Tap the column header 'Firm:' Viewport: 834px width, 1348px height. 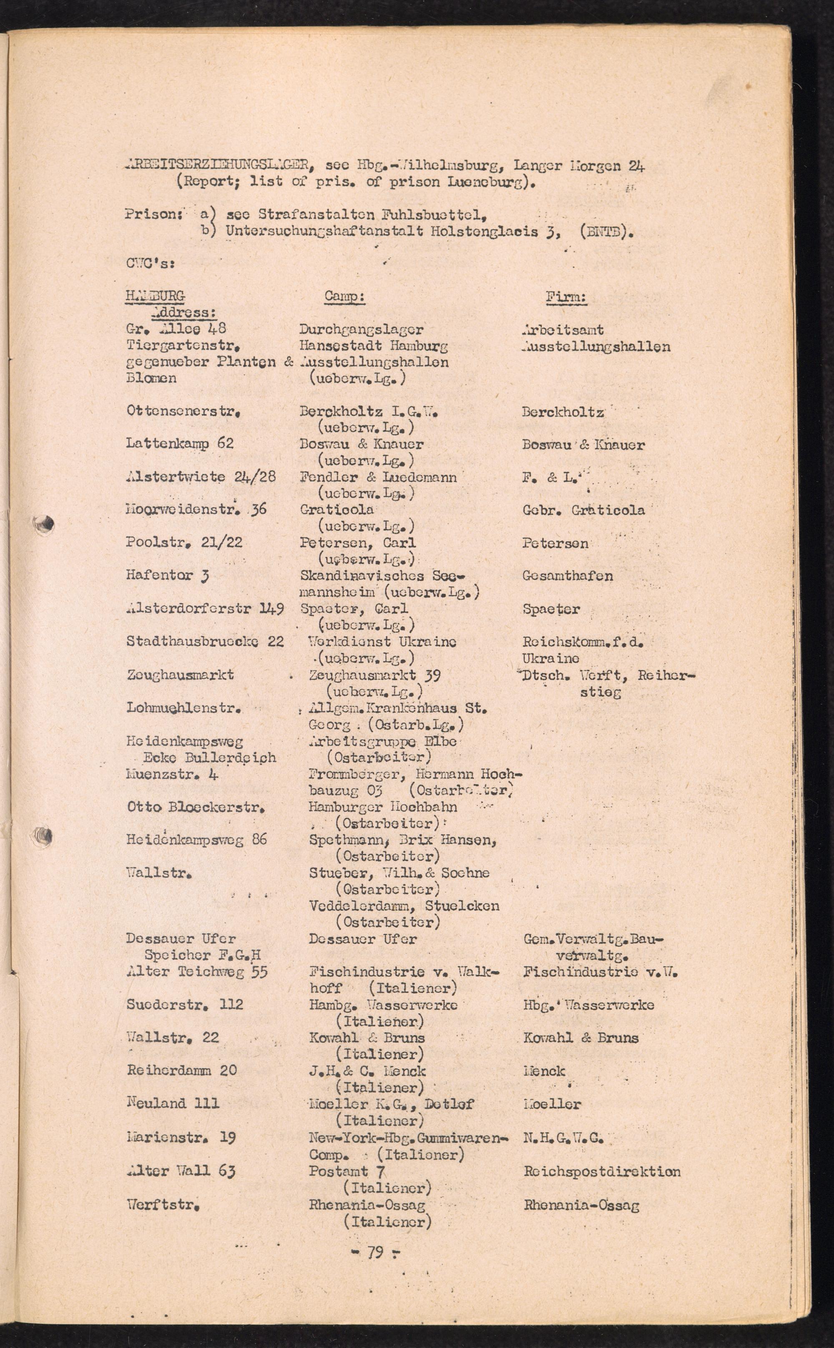tap(566, 297)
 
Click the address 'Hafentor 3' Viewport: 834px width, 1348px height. tap(167, 575)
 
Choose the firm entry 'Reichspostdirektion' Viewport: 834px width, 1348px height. tap(602, 1172)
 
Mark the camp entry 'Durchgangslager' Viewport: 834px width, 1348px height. tap(361, 329)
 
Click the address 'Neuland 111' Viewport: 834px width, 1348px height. tap(173, 1103)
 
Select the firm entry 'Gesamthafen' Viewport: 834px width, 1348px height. tap(567, 576)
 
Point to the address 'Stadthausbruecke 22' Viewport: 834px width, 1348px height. tap(205, 641)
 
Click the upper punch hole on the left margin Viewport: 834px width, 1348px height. tap(45, 523)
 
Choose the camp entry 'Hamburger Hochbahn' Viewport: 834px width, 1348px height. tap(383, 806)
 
